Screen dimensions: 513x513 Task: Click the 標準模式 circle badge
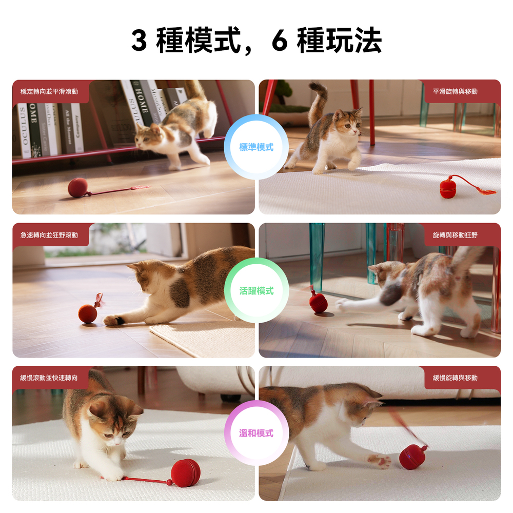coord(256,147)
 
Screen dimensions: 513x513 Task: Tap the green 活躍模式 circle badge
coord(256,290)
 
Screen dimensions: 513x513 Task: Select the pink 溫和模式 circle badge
coord(256,433)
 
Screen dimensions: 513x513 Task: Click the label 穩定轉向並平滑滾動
coord(49,92)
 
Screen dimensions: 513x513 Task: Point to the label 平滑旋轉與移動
coord(455,92)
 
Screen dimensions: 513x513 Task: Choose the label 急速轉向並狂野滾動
coord(49,235)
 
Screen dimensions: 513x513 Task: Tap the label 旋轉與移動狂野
coord(455,235)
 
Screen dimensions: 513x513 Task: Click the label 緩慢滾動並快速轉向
coord(49,378)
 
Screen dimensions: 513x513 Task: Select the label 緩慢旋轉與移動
coord(455,378)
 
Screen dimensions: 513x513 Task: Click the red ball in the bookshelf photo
coord(78,187)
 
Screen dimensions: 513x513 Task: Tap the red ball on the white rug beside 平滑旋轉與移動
coord(448,187)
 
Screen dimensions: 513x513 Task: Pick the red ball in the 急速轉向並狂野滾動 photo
coord(88,313)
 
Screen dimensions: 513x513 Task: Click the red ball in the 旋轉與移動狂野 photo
coord(319,303)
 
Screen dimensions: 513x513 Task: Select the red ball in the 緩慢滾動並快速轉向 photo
coord(186,473)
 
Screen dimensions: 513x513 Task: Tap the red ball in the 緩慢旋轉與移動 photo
coord(413,457)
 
